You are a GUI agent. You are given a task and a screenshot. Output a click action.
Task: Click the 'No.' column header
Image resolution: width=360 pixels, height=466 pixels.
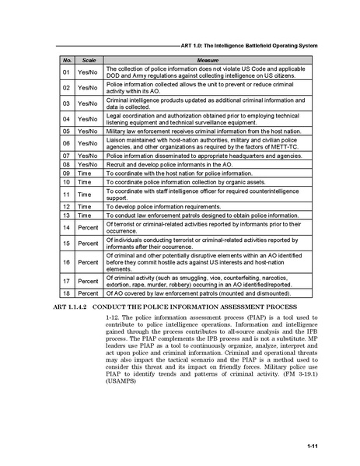pyautogui.click(x=67, y=60)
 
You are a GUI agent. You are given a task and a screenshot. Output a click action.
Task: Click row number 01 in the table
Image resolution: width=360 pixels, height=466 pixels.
pyautogui.click(x=67, y=72)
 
